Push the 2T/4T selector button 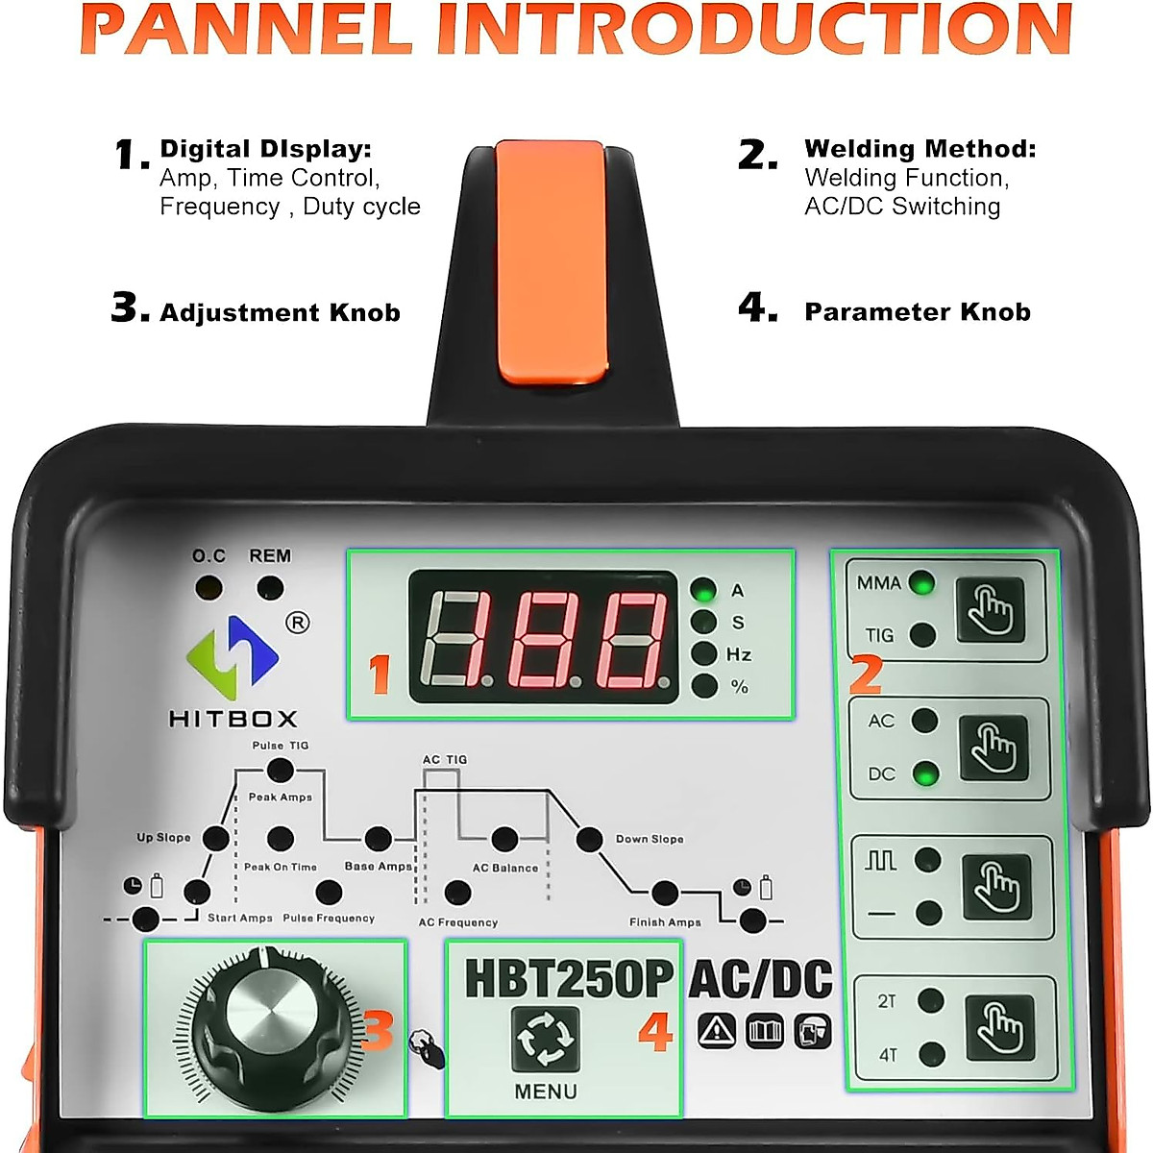999,1027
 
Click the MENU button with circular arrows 546,1039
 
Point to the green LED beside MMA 921,583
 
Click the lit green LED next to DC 925,773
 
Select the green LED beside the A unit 704,590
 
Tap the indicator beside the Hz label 704,654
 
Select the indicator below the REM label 270,588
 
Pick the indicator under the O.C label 209,588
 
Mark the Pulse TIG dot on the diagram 280,770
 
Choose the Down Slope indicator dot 589,839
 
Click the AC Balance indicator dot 504,840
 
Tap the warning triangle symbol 716,1031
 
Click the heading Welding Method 920,149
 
